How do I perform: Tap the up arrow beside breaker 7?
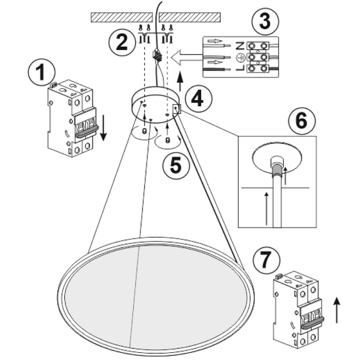pyautogui.click(x=337, y=310)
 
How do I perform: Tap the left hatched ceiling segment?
pyautogui.click(x=122, y=17)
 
